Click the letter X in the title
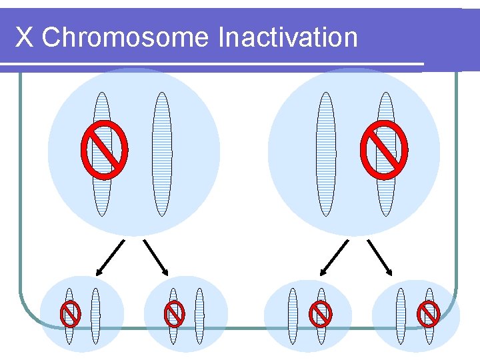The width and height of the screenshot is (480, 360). coord(24,37)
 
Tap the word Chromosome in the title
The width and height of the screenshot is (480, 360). coord(125,37)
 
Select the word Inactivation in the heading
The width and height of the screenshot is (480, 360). coord(287,37)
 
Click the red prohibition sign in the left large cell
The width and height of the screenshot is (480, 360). coord(104,149)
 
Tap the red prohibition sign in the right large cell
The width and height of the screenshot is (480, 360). coord(384,149)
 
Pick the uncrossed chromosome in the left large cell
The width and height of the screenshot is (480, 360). coord(162,154)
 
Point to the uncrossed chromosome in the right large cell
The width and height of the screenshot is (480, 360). coord(325,154)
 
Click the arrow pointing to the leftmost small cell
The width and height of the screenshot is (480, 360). coord(110,257)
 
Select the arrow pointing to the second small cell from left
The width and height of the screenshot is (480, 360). coord(155,257)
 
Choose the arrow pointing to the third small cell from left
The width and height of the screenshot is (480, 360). coord(334,257)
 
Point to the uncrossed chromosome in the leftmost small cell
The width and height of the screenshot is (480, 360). coord(95,315)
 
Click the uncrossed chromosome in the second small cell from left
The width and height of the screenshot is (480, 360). coord(199,315)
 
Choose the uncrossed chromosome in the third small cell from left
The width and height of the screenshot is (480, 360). coord(293,315)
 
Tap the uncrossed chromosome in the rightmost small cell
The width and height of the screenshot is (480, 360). coord(401,315)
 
